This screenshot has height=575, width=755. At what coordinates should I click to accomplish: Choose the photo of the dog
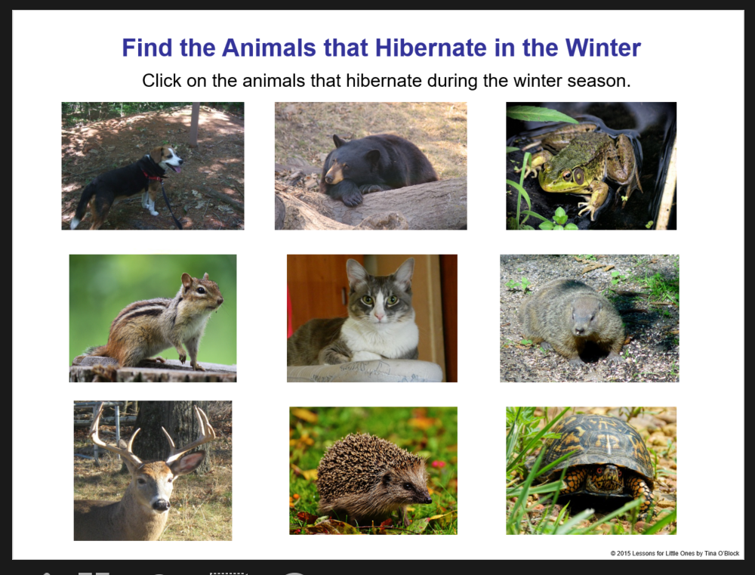pyautogui.click(x=153, y=166)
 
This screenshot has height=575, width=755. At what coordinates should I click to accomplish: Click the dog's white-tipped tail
pyautogui.click(x=75, y=221)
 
